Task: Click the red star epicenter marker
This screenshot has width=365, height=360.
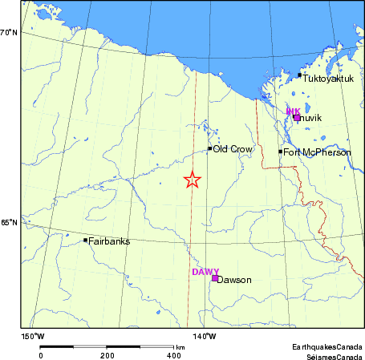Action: click(x=192, y=180)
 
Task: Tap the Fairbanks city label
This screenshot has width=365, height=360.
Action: click(x=110, y=241)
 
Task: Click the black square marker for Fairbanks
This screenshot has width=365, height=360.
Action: click(x=86, y=240)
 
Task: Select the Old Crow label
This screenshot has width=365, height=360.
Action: click(x=231, y=149)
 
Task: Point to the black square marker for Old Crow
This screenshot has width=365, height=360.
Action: click(x=210, y=148)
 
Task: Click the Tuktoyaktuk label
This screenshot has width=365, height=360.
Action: click(x=328, y=77)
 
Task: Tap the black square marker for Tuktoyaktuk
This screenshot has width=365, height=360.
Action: click(x=300, y=75)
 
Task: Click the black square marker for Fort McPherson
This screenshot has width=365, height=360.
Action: click(x=281, y=152)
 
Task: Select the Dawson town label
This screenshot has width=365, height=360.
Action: click(x=235, y=280)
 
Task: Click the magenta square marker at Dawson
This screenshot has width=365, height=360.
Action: click(x=215, y=278)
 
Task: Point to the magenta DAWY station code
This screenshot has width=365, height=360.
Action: click(x=205, y=272)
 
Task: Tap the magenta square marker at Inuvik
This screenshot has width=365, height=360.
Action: click(x=297, y=117)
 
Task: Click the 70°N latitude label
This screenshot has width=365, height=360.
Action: click(x=9, y=33)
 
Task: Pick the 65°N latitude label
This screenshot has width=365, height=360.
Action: click(x=9, y=223)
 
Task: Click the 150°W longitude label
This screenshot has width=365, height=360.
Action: click(x=33, y=336)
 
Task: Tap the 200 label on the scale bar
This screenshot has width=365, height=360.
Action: click(x=107, y=354)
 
